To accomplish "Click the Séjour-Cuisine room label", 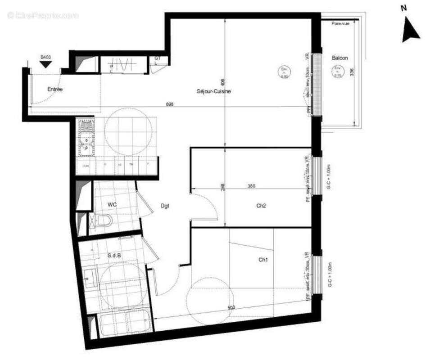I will tap(214, 91).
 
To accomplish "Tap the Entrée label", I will tap(55, 89).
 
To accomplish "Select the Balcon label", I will tap(340, 58).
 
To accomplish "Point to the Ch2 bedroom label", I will tap(261, 206).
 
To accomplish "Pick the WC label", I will tap(113, 205).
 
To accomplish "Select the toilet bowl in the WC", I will tap(104, 220).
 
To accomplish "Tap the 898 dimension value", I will tap(170, 104).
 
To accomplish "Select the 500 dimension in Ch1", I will tap(231, 307).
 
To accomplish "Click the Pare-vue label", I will tap(340, 23).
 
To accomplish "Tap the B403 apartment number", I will tap(45, 57).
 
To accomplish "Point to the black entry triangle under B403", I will tap(45, 64).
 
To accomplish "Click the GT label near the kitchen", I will tap(157, 58).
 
